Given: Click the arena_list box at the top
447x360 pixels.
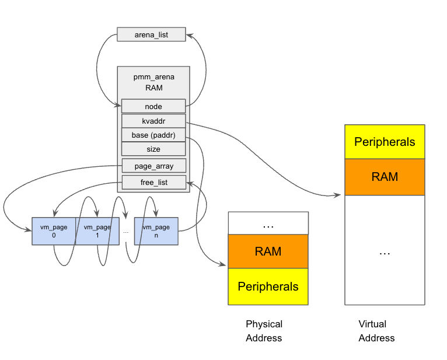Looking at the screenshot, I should pyautogui.click(x=151, y=34).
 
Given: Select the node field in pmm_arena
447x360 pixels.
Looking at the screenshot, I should pyautogui.click(x=153, y=106).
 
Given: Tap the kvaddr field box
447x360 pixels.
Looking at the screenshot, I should pyautogui.click(x=153, y=121).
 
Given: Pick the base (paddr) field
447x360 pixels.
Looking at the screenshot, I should pyautogui.click(x=153, y=135).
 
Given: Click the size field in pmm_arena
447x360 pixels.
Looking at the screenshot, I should pyautogui.click(x=153, y=149).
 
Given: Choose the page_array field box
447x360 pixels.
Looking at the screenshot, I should pyautogui.click(x=153, y=166).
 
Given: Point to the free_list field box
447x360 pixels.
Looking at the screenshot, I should pyautogui.click(x=153, y=183).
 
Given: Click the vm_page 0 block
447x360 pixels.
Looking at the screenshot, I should pyautogui.click(x=53, y=231).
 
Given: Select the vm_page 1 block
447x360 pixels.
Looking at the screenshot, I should pyautogui.click(x=97, y=231).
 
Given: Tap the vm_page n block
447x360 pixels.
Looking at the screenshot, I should pyautogui.click(x=156, y=231).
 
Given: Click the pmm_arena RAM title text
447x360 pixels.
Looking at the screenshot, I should pyautogui.click(x=153, y=82).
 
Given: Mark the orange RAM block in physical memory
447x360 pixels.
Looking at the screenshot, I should pyautogui.click(x=268, y=251).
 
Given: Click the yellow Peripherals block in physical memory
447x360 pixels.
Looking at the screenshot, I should pyautogui.click(x=268, y=286).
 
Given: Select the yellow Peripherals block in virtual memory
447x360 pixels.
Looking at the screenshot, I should pyautogui.click(x=385, y=142).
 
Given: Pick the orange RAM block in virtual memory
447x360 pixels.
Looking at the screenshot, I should pyautogui.click(x=385, y=177).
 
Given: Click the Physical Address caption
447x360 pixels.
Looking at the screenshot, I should pyautogui.click(x=264, y=331).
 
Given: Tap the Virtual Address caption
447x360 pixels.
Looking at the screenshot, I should pyautogui.click(x=376, y=331).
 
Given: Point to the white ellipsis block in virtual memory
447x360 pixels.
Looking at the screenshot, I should pyautogui.click(x=385, y=250).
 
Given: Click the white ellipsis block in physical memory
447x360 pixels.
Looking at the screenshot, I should pyautogui.click(x=268, y=223).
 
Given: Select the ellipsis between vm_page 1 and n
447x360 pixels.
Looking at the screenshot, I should pyautogui.click(x=125, y=232).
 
